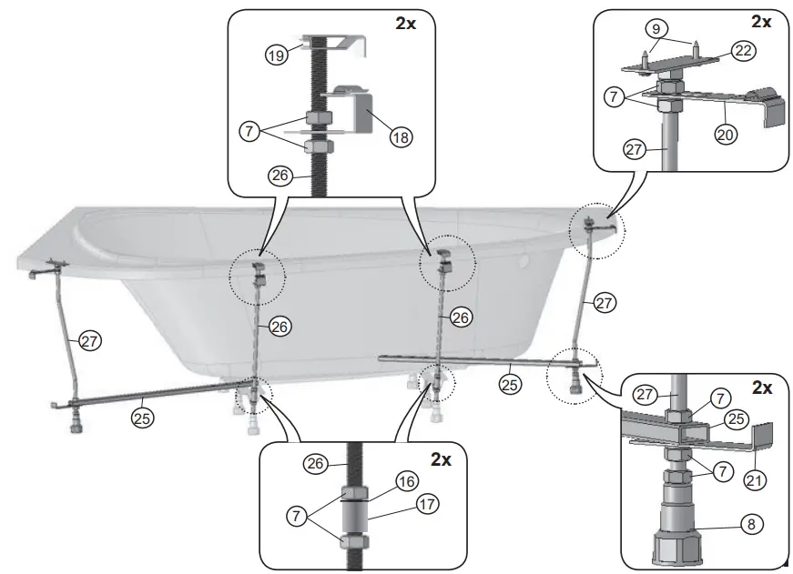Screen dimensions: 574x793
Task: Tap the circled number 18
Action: coord(400,136)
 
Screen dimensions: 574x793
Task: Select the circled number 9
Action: coord(652,28)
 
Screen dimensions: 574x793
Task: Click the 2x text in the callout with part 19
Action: coord(406,25)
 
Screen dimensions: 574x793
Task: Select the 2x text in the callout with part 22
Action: coord(761,21)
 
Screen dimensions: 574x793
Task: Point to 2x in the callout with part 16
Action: coord(441,460)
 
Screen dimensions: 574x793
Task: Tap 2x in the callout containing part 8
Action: coord(761,388)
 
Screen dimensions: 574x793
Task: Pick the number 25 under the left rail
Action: coord(141,418)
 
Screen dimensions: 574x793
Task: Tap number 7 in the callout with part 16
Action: coord(297,516)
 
